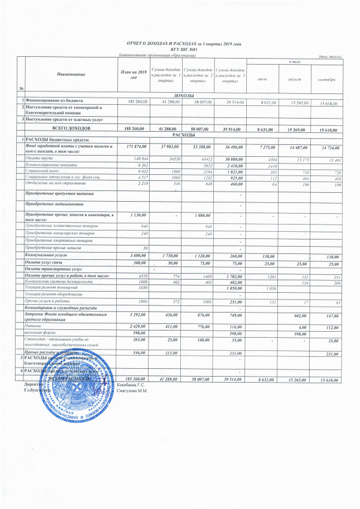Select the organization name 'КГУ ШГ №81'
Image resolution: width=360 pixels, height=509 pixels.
(180, 50)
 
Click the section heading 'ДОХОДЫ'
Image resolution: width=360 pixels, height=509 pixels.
(183, 96)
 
